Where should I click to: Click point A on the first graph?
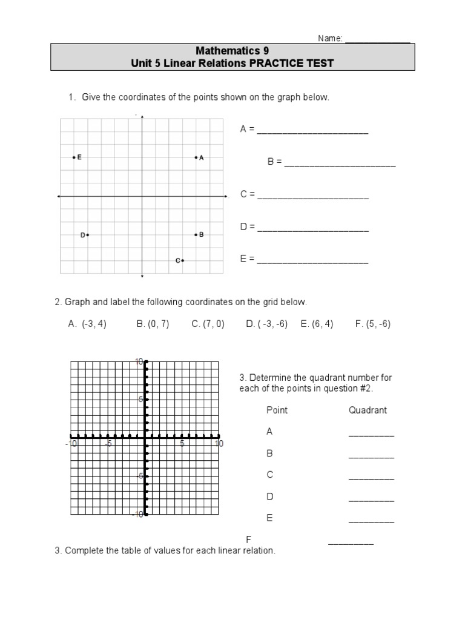[196, 157]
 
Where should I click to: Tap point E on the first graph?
[74, 157]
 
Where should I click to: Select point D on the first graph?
[88, 235]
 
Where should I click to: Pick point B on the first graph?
[196, 234]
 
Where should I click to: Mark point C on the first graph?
[182, 260]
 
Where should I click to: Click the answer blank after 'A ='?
[312, 130]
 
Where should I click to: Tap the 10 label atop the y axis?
[139, 361]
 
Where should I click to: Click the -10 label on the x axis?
[71, 444]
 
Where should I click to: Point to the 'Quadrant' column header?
[368, 410]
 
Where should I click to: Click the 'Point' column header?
[277, 410]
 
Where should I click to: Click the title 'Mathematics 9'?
[232, 51]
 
